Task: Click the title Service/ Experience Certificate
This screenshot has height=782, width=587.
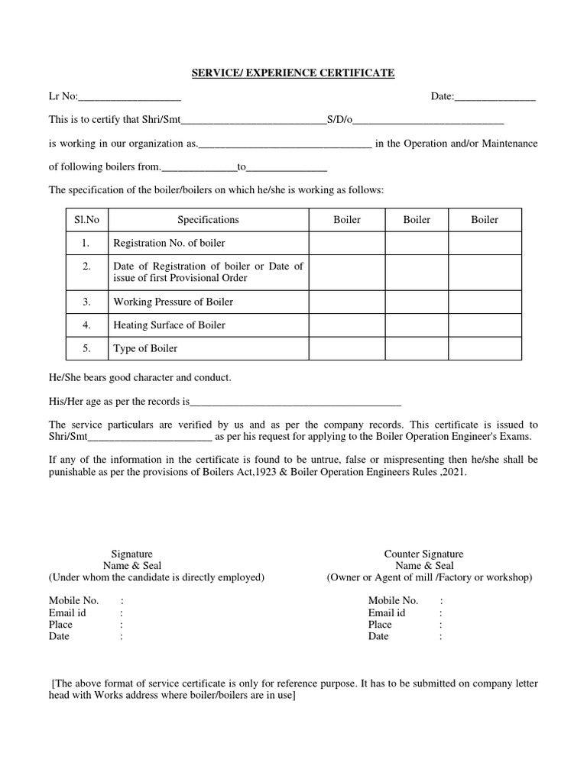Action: (293, 73)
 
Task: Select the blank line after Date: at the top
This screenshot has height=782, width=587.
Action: (495, 98)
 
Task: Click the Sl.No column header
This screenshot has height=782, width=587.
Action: (86, 220)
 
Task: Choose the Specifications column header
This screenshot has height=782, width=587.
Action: (208, 220)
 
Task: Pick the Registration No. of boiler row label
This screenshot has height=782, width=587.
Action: (169, 244)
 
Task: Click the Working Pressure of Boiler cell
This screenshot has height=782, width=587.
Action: (173, 302)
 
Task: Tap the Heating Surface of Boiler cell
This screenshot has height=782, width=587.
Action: (169, 325)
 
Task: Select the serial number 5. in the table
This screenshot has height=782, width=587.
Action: (86, 348)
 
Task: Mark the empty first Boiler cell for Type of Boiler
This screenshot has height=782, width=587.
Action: (346, 348)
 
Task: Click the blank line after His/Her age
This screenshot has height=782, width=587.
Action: (295, 402)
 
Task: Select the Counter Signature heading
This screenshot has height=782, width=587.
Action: (423, 554)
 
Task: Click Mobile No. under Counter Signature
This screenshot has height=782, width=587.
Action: (393, 601)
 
